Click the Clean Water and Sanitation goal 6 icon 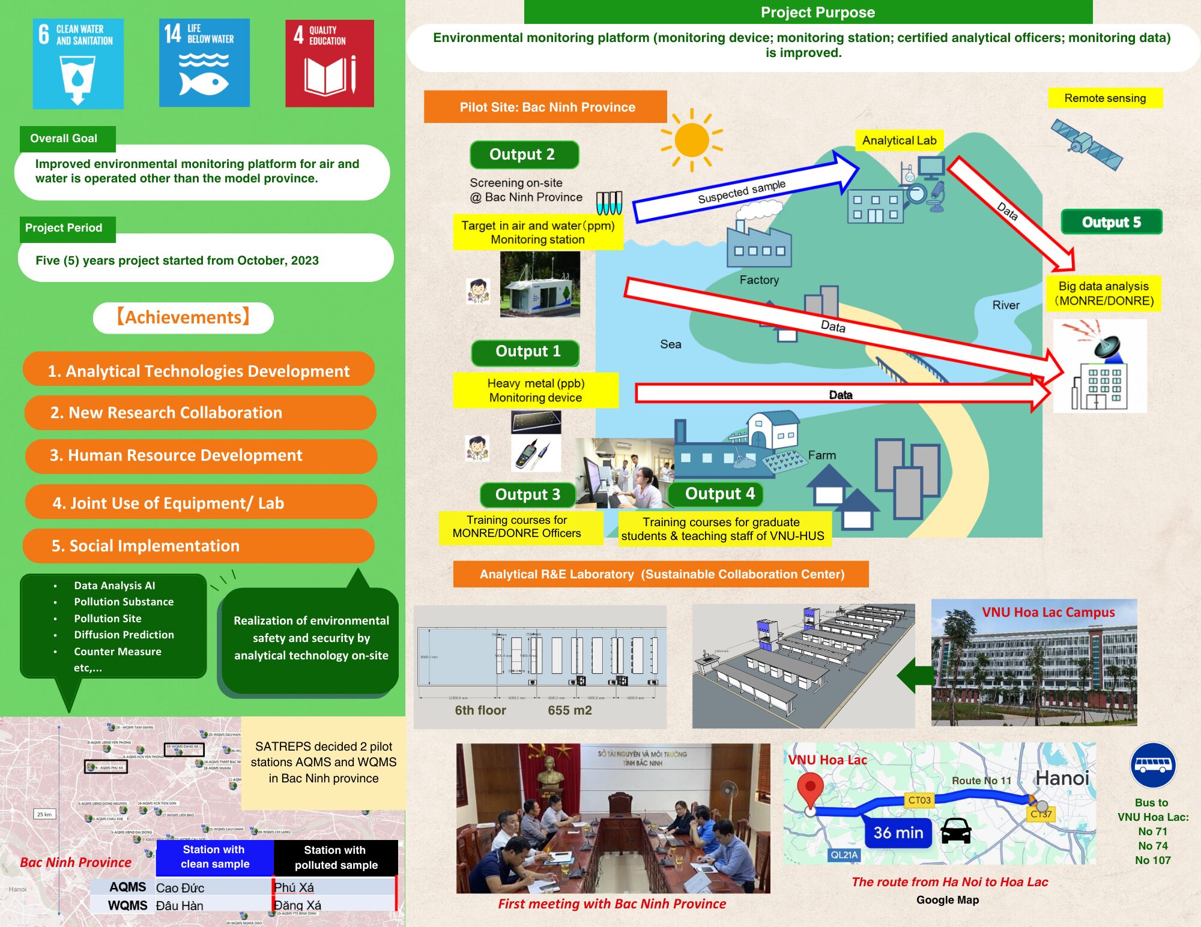pyautogui.click(x=78, y=64)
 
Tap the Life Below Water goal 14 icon pyautogui.click(x=204, y=62)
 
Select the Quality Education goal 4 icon pyautogui.click(x=330, y=64)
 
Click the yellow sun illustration pyautogui.click(x=691, y=140)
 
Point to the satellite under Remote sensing pyautogui.click(x=1086, y=145)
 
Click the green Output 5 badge pyautogui.click(x=1111, y=222)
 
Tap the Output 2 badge pyautogui.click(x=524, y=155)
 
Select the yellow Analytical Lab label pyautogui.click(x=899, y=140)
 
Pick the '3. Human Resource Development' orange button pyautogui.click(x=201, y=456)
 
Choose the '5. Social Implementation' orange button pyautogui.click(x=198, y=546)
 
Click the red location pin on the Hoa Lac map pyautogui.click(x=810, y=788)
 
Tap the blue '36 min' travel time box pyautogui.click(x=898, y=833)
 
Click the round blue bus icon pyautogui.click(x=1153, y=766)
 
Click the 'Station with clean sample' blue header pyautogui.click(x=215, y=857)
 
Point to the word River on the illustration pyautogui.click(x=1005, y=305)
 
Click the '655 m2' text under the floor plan pyautogui.click(x=569, y=710)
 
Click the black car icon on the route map pyautogui.click(x=955, y=832)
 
